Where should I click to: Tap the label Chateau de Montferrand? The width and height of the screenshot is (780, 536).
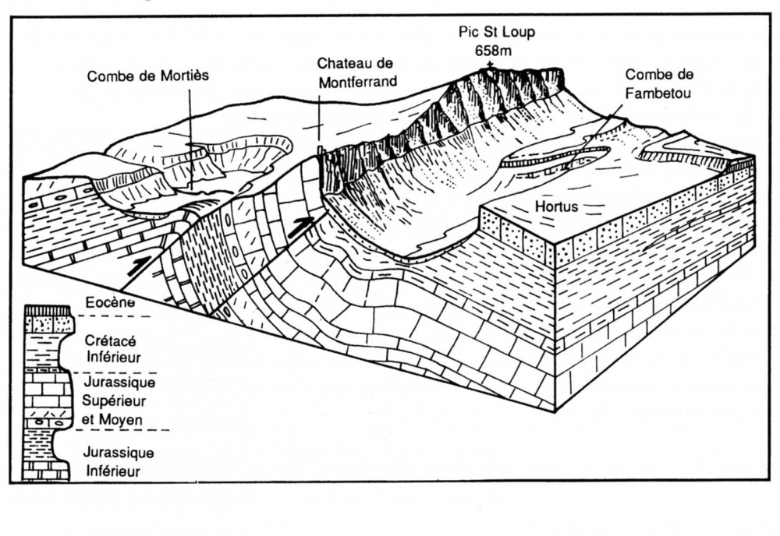[355, 71]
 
